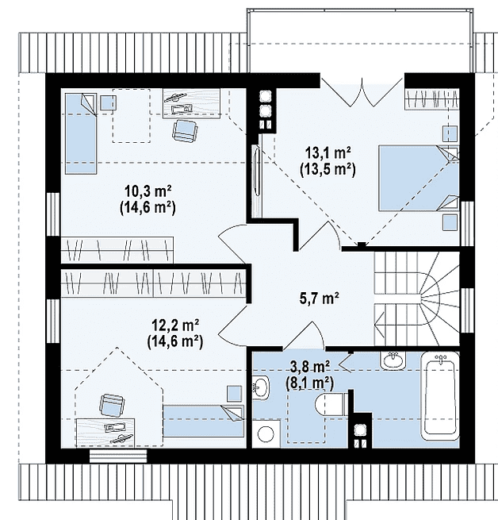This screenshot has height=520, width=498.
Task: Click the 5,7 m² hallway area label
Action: (319, 299)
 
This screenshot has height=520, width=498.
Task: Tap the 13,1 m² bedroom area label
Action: (328, 153)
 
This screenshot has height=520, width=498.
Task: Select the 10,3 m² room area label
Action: (147, 191)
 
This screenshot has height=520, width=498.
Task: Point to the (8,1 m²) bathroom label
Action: (309, 383)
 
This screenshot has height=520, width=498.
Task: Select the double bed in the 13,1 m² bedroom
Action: (419, 178)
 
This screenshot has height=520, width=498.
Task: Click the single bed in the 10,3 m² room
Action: (81, 133)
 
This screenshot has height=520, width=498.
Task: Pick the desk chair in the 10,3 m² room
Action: (185, 131)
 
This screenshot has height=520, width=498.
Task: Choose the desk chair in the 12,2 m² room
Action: (113, 405)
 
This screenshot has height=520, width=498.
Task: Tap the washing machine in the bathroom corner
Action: (266, 433)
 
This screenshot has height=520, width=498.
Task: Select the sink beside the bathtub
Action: (393, 360)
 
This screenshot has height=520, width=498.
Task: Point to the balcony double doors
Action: (362, 92)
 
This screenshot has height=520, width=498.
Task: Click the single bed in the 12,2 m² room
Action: (204, 420)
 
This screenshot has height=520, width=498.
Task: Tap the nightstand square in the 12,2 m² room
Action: (235, 394)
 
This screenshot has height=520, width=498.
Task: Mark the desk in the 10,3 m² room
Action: (192, 103)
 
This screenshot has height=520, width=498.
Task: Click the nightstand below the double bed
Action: (450, 222)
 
